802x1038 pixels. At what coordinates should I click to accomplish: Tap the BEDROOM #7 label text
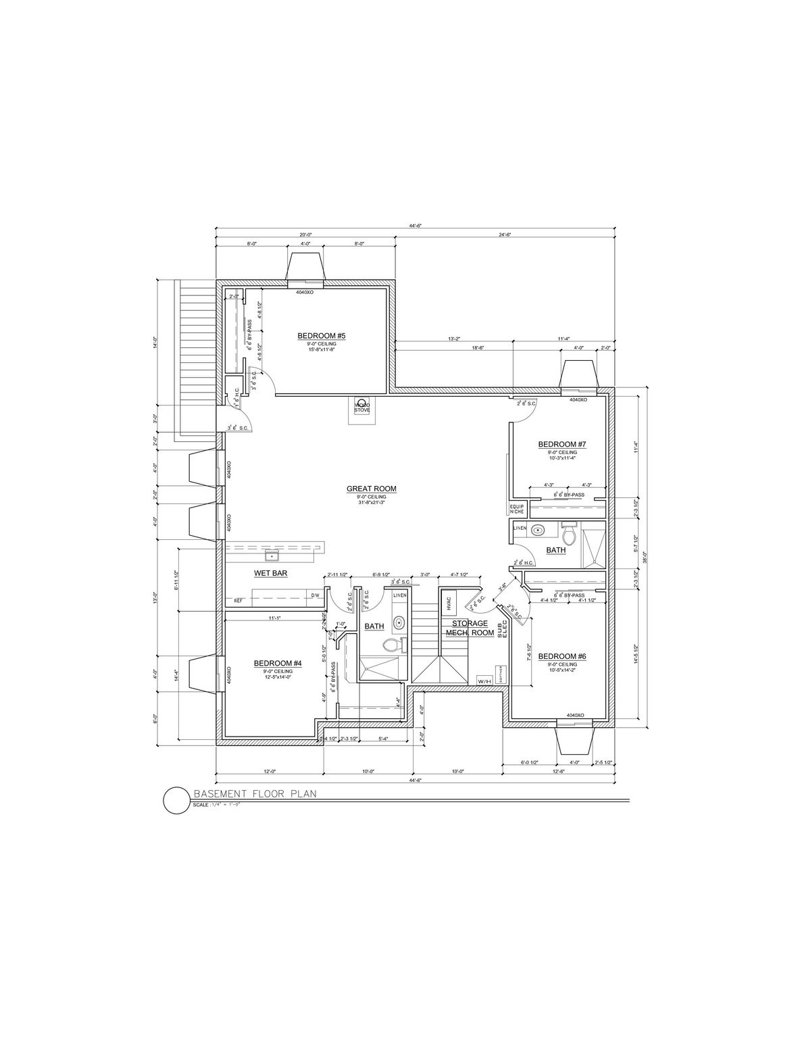click(x=561, y=444)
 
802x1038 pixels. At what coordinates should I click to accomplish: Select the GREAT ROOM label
click(x=371, y=489)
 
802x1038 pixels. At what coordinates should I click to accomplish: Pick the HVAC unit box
click(x=449, y=602)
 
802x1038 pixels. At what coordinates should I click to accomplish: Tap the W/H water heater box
click(x=484, y=681)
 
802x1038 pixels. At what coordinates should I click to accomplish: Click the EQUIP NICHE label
click(x=517, y=509)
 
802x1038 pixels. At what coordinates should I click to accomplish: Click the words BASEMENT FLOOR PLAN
click(x=255, y=794)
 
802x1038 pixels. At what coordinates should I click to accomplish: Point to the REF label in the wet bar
click(x=238, y=600)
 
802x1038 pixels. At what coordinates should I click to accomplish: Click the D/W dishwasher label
click(x=315, y=595)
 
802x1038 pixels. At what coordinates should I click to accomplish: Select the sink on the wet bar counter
click(x=272, y=556)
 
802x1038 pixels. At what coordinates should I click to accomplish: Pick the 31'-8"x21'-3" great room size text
click(x=371, y=502)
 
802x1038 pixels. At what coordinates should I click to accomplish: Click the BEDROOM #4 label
click(x=277, y=663)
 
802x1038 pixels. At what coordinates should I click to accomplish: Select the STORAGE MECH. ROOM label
click(x=470, y=628)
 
